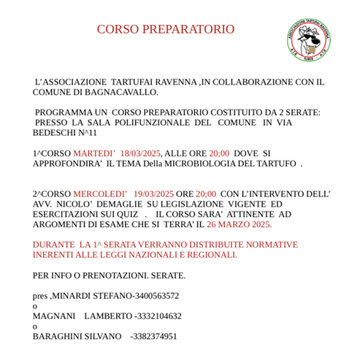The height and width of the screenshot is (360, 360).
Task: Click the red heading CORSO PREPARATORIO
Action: (x=166, y=30)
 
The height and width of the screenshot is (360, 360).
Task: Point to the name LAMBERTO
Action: (x=107, y=316)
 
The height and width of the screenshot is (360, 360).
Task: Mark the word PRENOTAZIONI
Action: (x=116, y=275)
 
